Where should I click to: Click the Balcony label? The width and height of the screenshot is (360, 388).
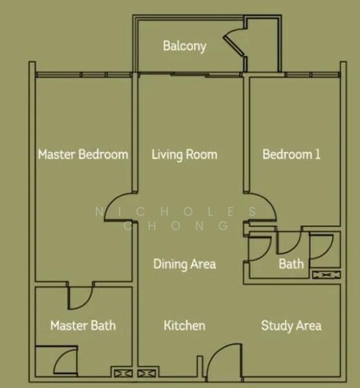[x=184, y=47]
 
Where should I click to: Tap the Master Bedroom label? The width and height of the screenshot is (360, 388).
[x=83, y=155]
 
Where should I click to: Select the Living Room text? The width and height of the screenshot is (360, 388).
[x=184, y=155]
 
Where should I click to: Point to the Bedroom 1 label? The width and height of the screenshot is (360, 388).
[x=291, y=155]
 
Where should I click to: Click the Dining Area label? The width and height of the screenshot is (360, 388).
[x=185, y=264]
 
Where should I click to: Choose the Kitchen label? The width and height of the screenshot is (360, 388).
[x=184, y=325]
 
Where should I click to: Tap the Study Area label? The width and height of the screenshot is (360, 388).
[x=291, y=326]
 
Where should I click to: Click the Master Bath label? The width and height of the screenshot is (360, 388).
[x=83, y=325]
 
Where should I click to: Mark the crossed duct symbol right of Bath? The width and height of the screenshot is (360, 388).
[x=326, y=275]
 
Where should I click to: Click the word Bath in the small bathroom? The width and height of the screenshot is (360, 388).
[x=291, y=264]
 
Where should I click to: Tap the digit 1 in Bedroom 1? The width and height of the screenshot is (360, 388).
[x=318, y=154]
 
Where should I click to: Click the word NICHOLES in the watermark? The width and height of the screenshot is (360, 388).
[x=176, y=212]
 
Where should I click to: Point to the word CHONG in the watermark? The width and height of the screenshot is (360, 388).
[x=176, y=226]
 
